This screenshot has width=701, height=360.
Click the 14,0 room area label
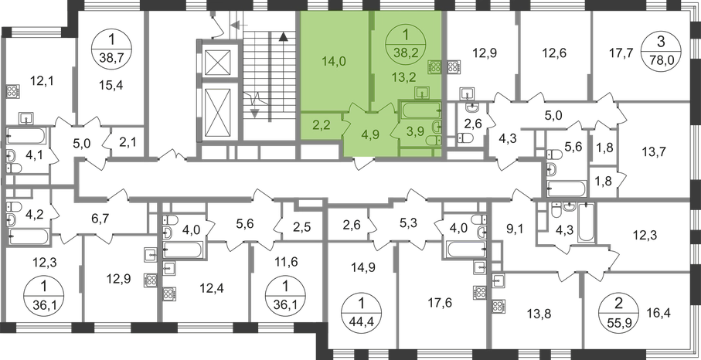(x=335, y=61)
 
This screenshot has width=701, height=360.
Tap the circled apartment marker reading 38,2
(x=406, y=46)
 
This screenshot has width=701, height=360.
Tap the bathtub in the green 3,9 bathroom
(x=420, y=110)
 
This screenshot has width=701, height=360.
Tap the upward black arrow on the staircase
(x=282, y=36)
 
